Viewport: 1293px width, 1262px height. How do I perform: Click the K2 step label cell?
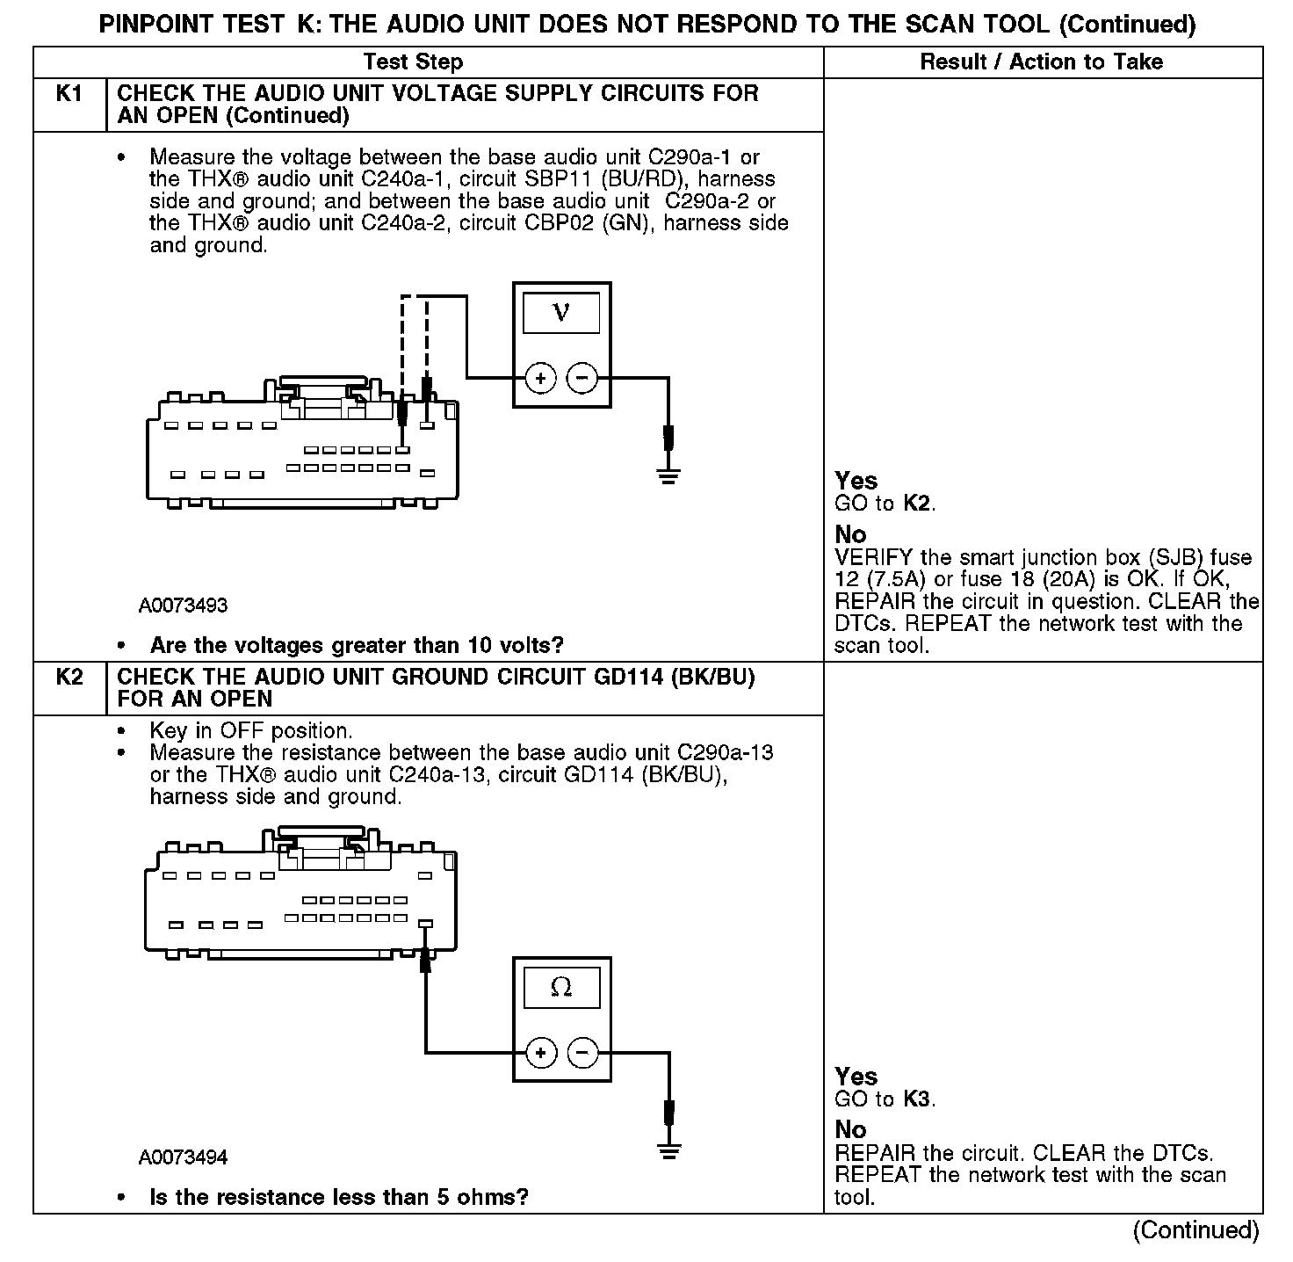point(69,678)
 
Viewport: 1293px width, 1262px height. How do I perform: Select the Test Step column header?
point(413,62)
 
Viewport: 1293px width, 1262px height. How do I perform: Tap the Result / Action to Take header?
point(1042,62)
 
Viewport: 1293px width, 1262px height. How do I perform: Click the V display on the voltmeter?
point(561,314)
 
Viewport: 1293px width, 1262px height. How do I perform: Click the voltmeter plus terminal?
point(540,379)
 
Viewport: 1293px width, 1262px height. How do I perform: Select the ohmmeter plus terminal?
point(540,1052)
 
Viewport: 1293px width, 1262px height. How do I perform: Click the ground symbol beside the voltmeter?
point(668,477)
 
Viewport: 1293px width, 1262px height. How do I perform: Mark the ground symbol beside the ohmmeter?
point(668,1152)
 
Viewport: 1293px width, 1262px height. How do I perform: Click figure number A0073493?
point(183,606)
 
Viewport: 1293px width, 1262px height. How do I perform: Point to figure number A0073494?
point(183,1157)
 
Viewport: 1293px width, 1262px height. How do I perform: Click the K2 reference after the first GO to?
point(917,504)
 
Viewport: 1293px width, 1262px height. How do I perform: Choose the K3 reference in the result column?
point(917,1099)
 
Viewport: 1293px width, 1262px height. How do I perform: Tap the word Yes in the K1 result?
point(856,481)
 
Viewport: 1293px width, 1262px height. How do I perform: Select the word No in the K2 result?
point(850,1129)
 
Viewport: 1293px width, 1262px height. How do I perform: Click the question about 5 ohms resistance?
point(338,1197)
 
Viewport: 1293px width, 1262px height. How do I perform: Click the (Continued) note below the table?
point(1195,1229)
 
